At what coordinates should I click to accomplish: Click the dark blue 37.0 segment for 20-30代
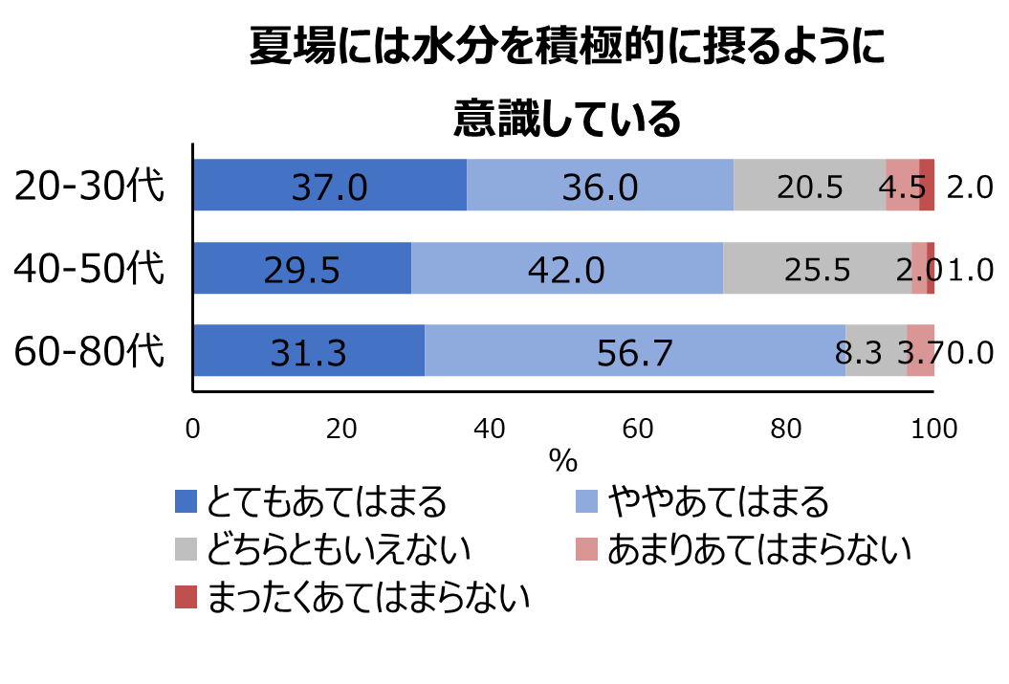tap(329, 186)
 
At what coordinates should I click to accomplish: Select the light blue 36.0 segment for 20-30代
tap(600, 186)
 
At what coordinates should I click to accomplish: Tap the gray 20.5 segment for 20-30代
tap(809, 186)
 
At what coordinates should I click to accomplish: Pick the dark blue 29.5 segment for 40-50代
tap(302, 269)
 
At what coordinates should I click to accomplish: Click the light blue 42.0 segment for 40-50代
tap(566, 269)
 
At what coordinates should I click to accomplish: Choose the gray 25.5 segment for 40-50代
tap(817, 269)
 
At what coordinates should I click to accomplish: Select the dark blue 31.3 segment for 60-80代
tap(308, 351)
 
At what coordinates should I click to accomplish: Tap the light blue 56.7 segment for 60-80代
tap(634, 351)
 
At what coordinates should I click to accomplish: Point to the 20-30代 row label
tap(90, 186)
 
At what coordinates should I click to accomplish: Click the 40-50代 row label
tap(90, 269)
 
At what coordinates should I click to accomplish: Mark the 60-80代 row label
tap(90, 351)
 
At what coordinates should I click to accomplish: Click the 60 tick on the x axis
tap(638, 430)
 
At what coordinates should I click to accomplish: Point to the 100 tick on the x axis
tap(933, 430)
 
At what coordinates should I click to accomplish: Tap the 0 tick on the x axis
tap(193, 430)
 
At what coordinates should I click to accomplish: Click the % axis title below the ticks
tap(563, 462)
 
